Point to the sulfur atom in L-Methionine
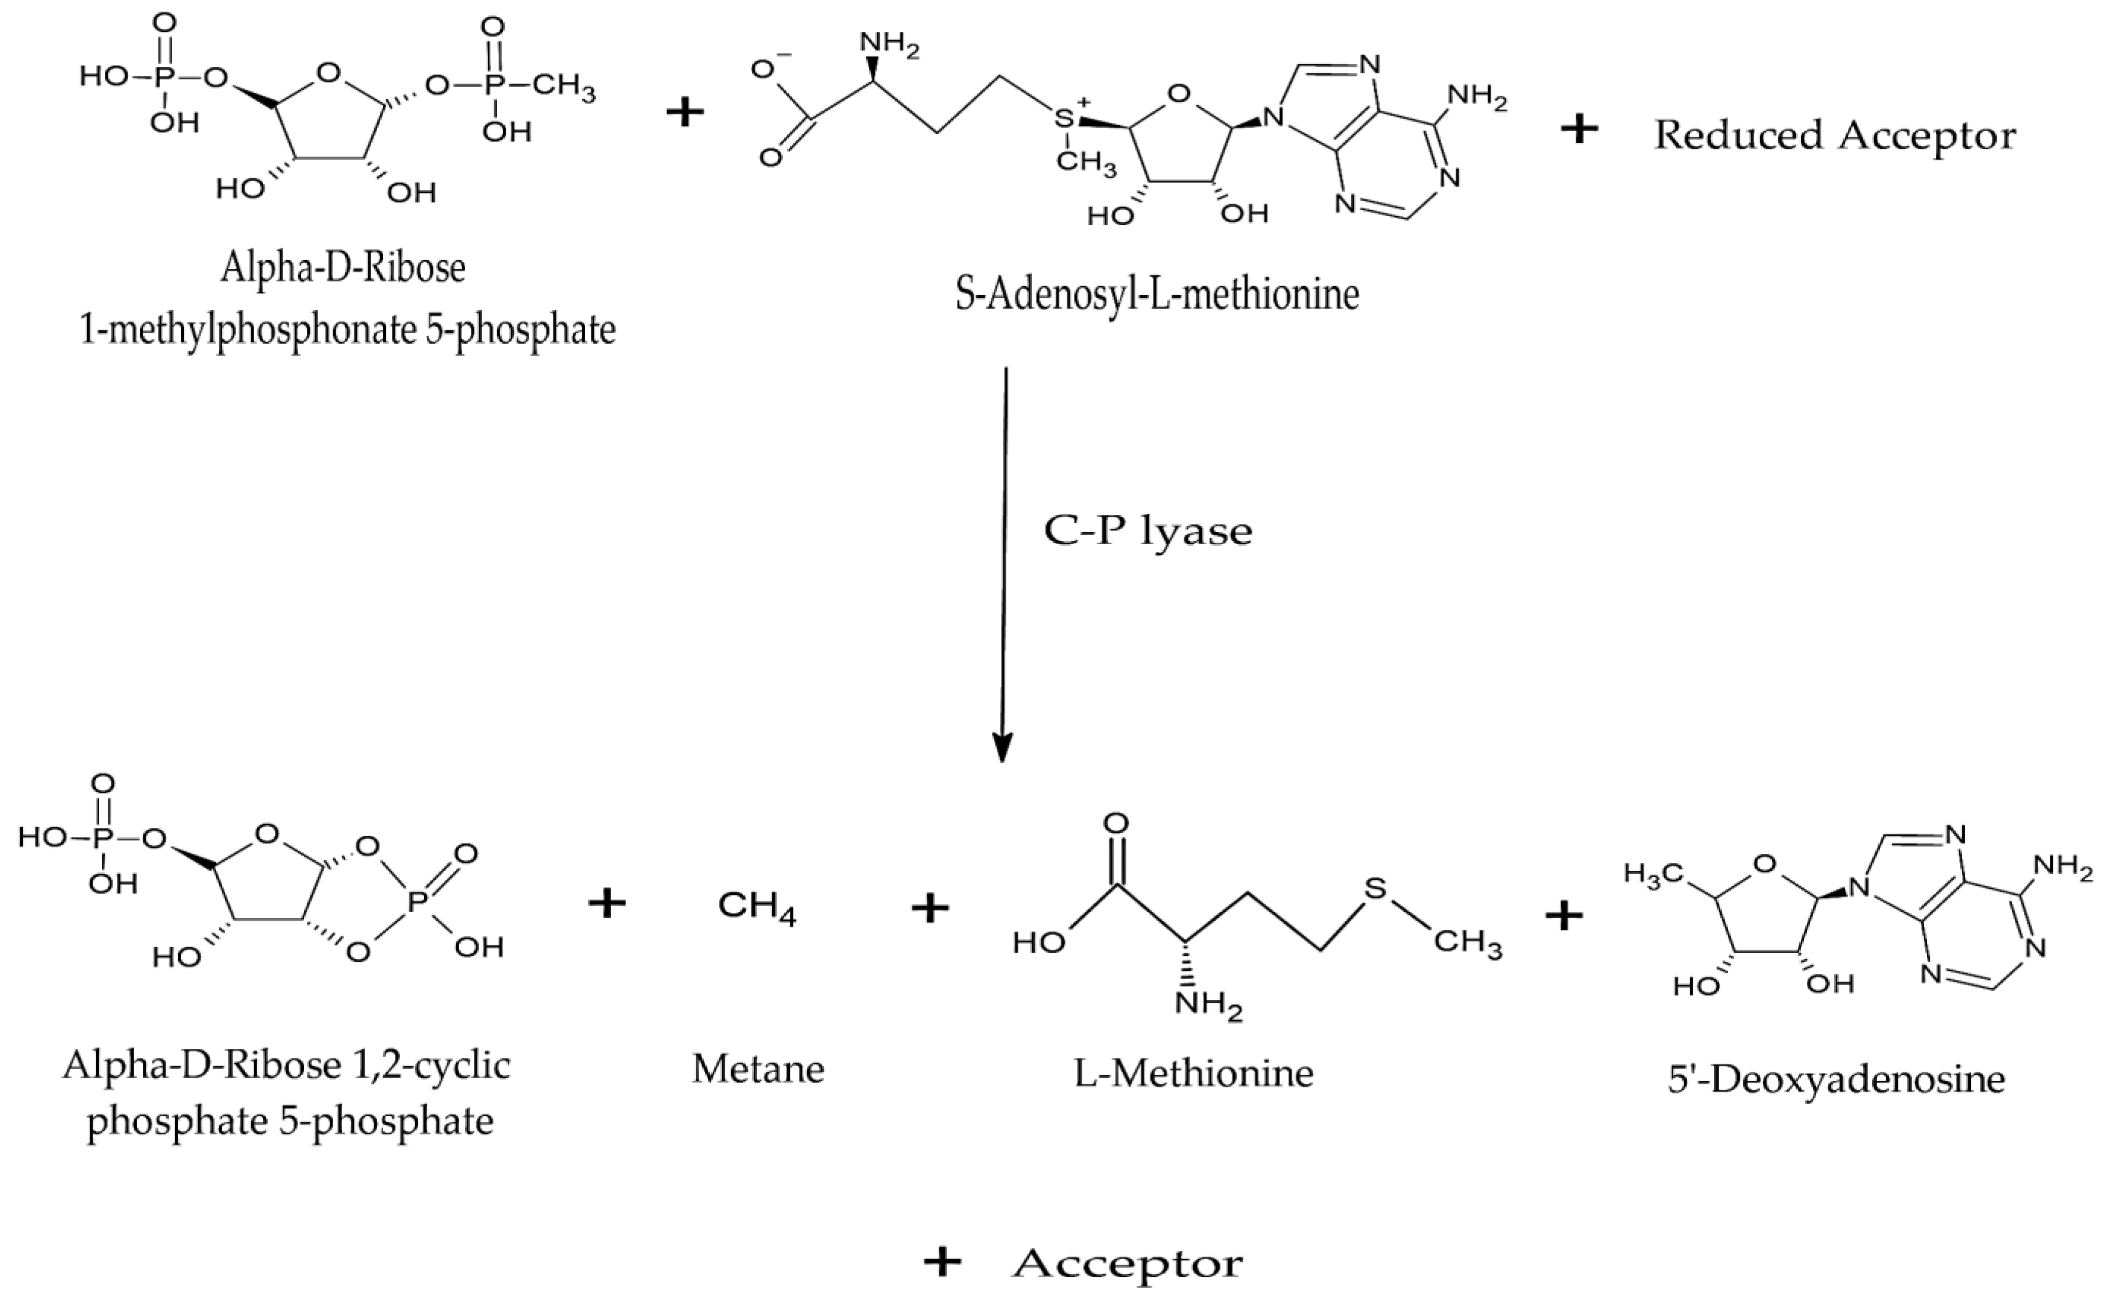(x=1375, y=888)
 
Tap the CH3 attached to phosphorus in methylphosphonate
(x=564, y=86)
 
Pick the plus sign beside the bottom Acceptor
(x=942, y=1263)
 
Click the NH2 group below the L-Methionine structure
(x=1208, y=1005)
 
